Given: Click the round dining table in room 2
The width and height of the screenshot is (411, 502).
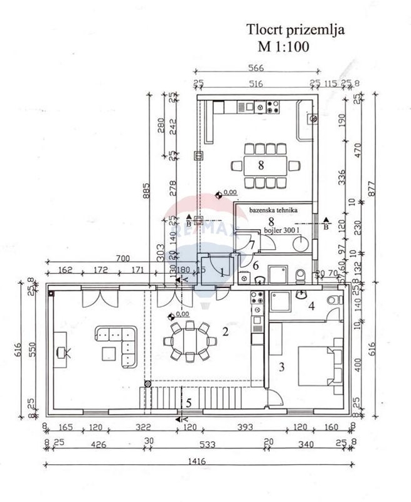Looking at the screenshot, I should click(187, 341).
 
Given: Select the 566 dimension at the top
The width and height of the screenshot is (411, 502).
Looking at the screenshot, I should click(257, 69).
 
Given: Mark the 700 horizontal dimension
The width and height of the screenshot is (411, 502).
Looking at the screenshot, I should click(122, 259).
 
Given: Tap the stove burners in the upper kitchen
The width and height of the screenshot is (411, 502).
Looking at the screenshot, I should click(273, 107).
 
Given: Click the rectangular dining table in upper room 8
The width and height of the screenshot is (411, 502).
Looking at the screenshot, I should click(264, 166).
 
